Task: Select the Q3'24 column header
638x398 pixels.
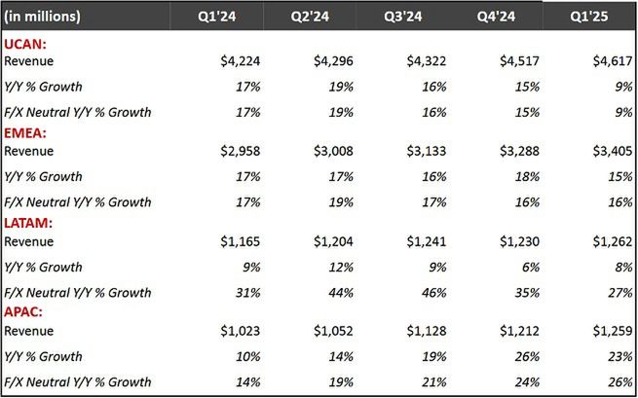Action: [402, 17]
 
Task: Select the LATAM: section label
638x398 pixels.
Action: [28, 223]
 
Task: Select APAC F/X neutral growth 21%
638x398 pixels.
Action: [435, 381]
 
